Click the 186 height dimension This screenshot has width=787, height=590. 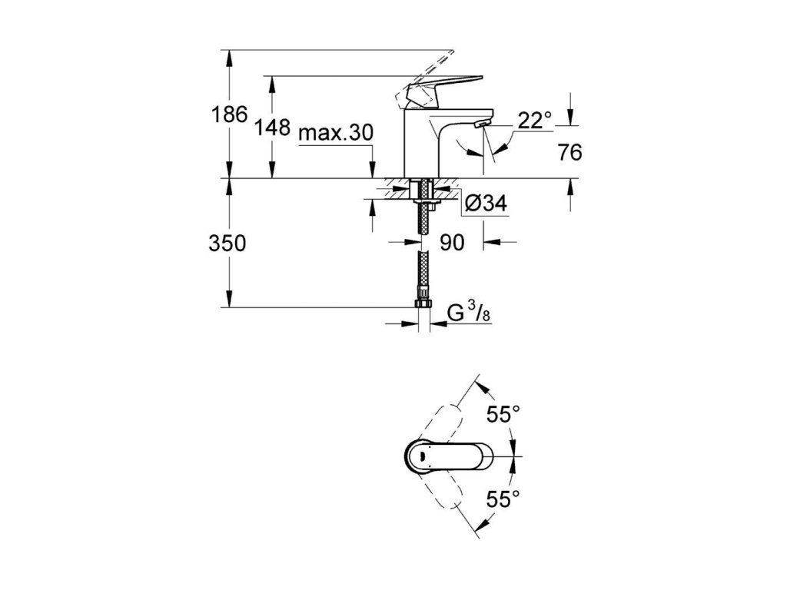229,115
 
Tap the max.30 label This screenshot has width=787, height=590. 336,133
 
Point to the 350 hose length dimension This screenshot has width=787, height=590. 227,244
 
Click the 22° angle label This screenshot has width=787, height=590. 536,120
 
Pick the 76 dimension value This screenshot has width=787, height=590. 569,153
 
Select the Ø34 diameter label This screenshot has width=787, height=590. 485,204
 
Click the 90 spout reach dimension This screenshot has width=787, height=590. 453,243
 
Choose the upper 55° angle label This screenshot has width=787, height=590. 503,415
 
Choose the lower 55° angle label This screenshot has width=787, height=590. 503,500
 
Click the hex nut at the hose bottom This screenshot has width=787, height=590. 421,305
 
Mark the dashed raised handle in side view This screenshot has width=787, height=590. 419,78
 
